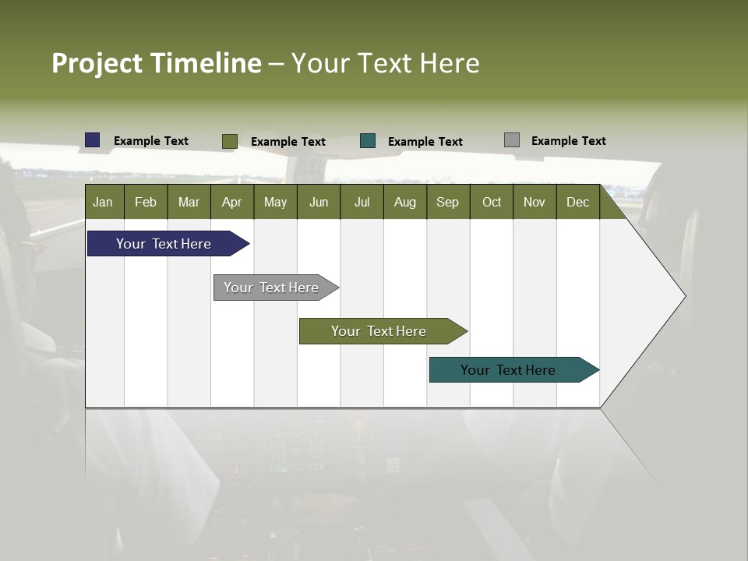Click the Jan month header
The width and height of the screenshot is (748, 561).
pyautogui.click(x=103, y=202)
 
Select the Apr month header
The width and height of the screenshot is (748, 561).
pyautogui.click(x=231, y=202)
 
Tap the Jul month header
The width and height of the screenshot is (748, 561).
pyautogui.click(x=362, y=202)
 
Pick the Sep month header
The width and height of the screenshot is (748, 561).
pyautogui.click(x=447, y=202)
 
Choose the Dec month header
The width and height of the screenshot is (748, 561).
pyautogui.click(x=577, y=202)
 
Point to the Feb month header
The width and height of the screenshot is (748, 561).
pyautogui.click(x=146, y=202)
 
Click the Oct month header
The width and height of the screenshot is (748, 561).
pyautogui.click(x=492, y=202)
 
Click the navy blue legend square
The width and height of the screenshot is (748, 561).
pyautogui.click(x=93, y=140)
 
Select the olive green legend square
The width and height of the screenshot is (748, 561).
pyautogui.click(x=229, y=141)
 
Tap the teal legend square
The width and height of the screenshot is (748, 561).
pyautogui.click(x=368, y=141)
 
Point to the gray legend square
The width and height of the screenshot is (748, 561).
pyautogui.click(x=512, y=140)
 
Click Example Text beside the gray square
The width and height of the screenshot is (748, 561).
pyautogui.click(x=568, y=141)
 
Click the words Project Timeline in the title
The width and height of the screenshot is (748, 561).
pyautogui.click(x=156, y=63)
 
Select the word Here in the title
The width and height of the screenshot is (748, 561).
pyautogui.click(x=450, y=63)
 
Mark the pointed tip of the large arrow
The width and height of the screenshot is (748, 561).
pyautogui.click(x=684, y=295)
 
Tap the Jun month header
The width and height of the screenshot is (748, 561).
pyautogui.click(x=319, y=202)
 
